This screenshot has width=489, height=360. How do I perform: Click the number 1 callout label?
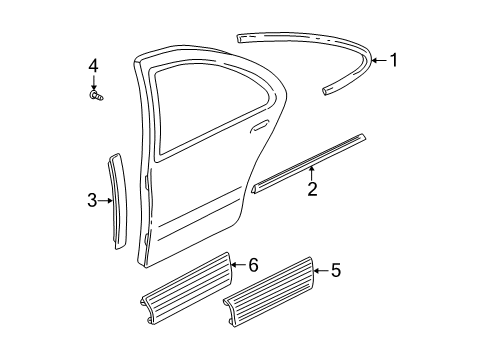tap(393, 60)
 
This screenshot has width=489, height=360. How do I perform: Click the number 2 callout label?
tap(312, 188)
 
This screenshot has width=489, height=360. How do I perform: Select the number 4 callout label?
tap(93, 67)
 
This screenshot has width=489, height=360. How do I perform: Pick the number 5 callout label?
tap(335, 269)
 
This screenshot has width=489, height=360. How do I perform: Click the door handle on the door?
tap(261, 127)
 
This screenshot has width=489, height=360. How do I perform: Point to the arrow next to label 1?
tap(378, 60)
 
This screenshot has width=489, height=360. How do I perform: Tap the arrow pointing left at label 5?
tap(320, 269)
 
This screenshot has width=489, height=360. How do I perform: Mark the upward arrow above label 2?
tap(312, 174)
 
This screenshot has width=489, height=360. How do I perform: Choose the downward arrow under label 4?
tap(93, 82)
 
